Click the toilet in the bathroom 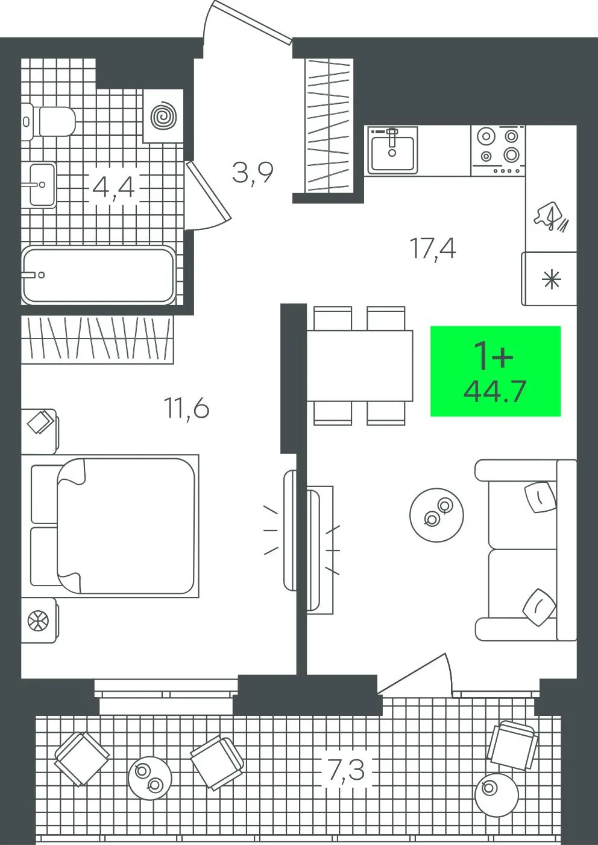pyautogui.click(x=48, y=121)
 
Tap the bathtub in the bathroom pyautogui.click(x=98, y=275)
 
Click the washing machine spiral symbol pyautogui.click(x=163, y=116)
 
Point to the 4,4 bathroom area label pyautogui.click(x=113, y=187)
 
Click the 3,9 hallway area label pyautogui.click(x=252, y=173)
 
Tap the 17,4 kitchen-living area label pyautogui.click(x=433, y=248)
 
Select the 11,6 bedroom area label pyautogui.click(x=186, y=409)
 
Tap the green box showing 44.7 pyautogui.click(x=496, y=371)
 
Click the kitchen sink pyautogui.click(x=392, y=150)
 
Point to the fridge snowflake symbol pyautogui.click(x=551, y=279)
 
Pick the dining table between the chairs pyautogui.click(x=360, y=366)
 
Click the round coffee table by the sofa pyautogui.click(x=436, y=515)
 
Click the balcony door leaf pyautogui.click(x=412, y=674)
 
